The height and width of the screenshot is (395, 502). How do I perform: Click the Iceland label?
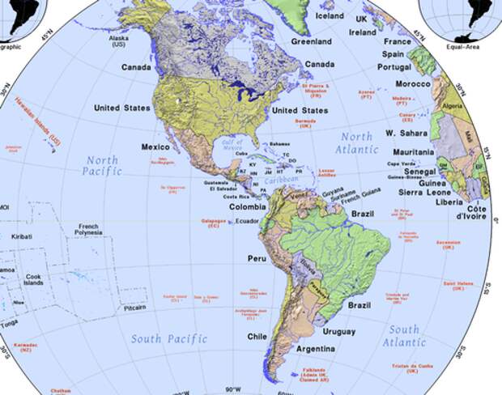[329, 15]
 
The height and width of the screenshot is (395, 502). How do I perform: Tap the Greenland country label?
[312, 41]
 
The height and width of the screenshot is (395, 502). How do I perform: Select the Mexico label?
[155, 147]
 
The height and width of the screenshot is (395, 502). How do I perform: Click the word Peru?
[257, 258]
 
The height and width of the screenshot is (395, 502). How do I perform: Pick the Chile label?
[257, 336]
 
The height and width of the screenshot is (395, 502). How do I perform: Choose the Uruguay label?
[338, 332]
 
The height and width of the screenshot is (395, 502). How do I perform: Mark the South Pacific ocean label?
[170, 338]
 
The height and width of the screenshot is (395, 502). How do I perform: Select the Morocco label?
[413, 84]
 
